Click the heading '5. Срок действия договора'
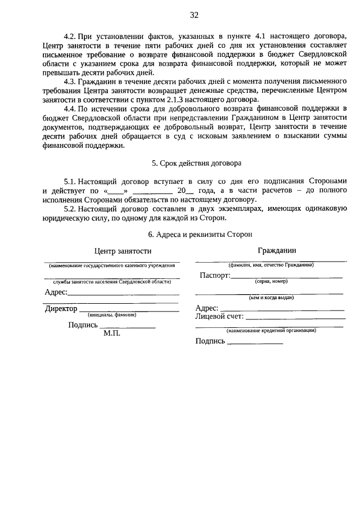pos(196,163)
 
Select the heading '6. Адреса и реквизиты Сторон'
pos(196,233)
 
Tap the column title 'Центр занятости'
pos(123,251)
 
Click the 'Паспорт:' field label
pos(215,276)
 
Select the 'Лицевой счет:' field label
pos(219,317)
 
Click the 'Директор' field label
pos(61,309)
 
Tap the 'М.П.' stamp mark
pos(112,333)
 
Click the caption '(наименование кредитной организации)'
pos(271,331)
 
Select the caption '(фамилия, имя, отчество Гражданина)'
pos(271,264)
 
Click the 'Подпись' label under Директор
pos(83,325)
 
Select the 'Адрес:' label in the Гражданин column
pos(206,308)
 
